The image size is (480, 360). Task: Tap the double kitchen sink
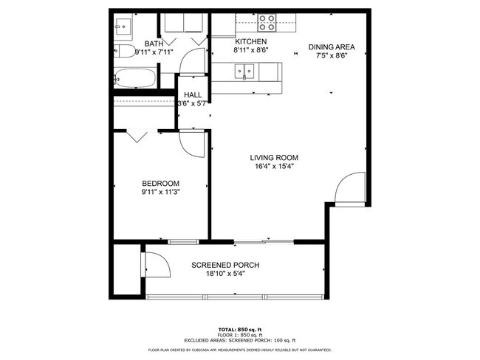click(244, 72)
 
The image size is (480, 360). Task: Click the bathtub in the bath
click(134, 77)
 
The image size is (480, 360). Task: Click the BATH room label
click(154, 44)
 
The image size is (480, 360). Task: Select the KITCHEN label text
click(250, 42)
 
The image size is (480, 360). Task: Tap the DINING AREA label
click(327, 46)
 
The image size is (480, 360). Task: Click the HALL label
click(193, 95)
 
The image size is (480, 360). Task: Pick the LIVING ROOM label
click(273, 157)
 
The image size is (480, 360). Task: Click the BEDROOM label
click(160, 183)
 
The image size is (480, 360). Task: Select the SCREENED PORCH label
click(225, 265)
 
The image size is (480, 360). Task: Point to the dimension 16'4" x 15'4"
click(273, 166)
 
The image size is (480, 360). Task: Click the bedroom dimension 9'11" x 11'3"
click(160, 192)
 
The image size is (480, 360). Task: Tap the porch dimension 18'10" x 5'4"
click(225, 274)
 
